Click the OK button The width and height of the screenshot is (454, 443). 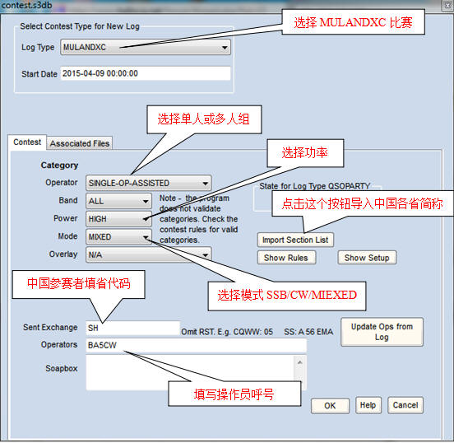(x=330, y=405)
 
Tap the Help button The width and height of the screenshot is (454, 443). (x=368, y=405)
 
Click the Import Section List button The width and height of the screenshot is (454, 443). (x=295, y=240)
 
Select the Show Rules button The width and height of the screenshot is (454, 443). (x=286, y=258)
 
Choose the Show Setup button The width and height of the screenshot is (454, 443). (x=367, y=258)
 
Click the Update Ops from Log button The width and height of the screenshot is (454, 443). (x=382, y=332)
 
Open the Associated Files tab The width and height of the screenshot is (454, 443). (x=80, y=143)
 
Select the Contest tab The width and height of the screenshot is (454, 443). (x=27, y=142)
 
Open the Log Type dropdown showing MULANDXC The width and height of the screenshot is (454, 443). (x=146, y=47)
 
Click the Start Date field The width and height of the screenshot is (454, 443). (x=146, y=73)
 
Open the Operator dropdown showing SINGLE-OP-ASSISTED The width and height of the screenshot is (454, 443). (x=149, y=183)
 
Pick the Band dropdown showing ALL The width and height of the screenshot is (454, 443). (x=118, y=201)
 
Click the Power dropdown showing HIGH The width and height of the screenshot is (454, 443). (x=118, y=219)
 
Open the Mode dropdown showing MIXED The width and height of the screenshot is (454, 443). (x=118, y=237)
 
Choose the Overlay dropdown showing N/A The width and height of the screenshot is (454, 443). (x=149, y=254)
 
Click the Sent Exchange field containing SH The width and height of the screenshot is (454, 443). (x=133, y=328)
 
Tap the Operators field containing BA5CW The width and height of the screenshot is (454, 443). (x=196, y=345)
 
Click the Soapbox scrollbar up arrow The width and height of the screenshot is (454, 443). (x=300, y=362)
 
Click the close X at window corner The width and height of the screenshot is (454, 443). (x=447, y=6)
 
